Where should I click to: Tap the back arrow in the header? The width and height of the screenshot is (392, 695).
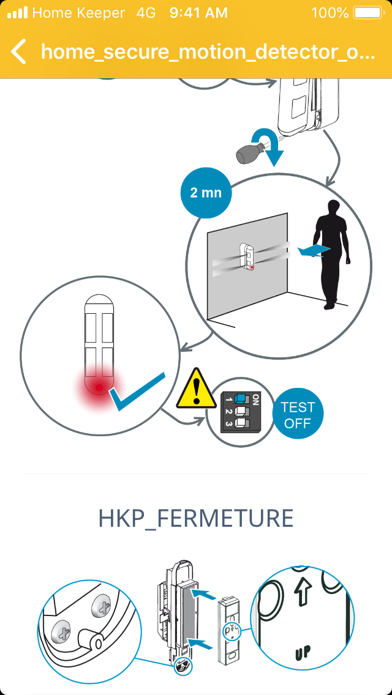(x=18, y=51)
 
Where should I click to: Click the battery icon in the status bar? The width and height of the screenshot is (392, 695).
(x=368, y=13)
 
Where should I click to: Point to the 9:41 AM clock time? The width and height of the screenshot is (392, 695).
(x=198, y=13)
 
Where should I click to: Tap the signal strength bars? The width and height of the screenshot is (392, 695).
(x=17, y=13)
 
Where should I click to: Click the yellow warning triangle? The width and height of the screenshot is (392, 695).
(x=196, y=388)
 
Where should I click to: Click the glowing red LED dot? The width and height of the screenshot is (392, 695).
(x=99, y=387)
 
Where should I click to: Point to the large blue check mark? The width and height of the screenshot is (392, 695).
(x=138, y=392)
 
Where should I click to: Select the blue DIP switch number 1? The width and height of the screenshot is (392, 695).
(x=240, y=398)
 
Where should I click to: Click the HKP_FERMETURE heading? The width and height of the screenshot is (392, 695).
(x=196, y=518)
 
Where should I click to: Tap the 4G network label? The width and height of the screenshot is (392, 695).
(x=146, y=13)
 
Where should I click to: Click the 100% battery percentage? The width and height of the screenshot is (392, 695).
(x=330, y=13)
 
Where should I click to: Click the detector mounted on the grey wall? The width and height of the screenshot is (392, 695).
(x=247, y=256)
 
